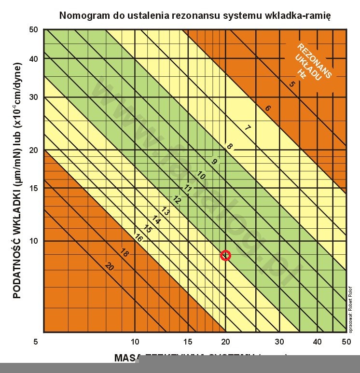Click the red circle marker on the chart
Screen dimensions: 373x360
[225, 255]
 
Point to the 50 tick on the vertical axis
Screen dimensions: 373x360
[34, 29]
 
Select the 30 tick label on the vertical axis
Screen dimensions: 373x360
[34, 97]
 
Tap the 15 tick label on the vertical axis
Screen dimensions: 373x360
[34, 188]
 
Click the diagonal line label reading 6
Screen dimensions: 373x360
[268, 108]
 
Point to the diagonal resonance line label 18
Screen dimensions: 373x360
[124, 253]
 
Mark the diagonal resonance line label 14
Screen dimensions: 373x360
[156, 220]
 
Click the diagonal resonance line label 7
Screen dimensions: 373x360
[247, 128]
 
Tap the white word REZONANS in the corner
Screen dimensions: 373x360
[315, 61]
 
